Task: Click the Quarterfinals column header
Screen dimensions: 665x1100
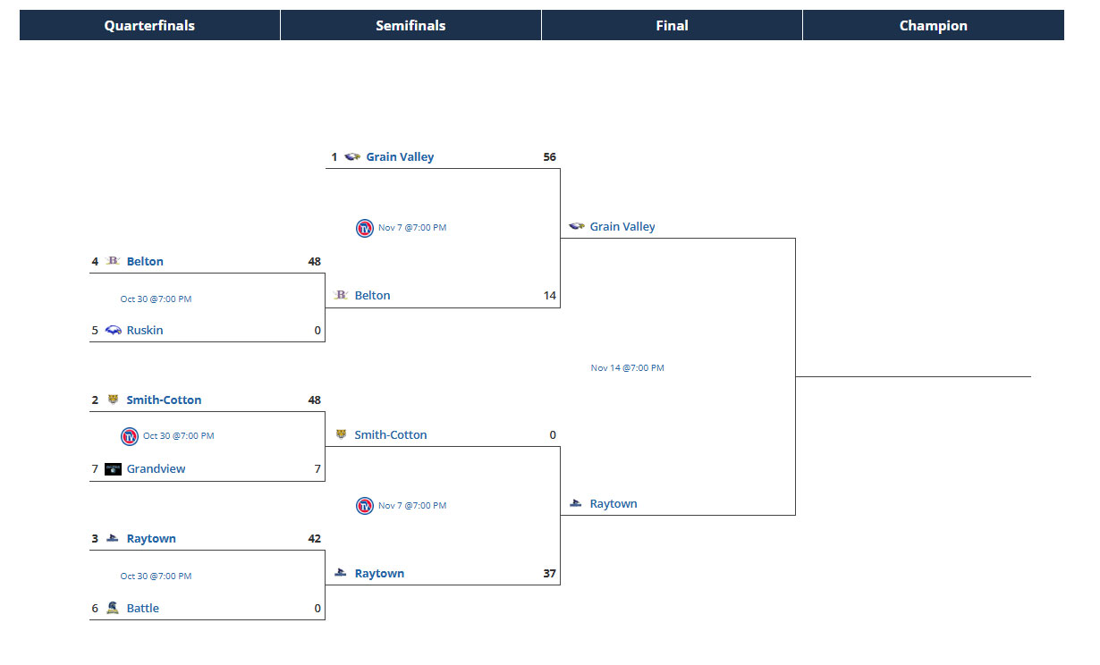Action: coord(149,26)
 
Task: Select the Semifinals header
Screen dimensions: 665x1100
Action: coord(410,26)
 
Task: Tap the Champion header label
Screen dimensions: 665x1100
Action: coord(933,26)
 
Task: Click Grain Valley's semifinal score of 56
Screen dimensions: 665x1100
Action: coord(549,157)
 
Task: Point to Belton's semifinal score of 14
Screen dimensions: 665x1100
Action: coord(550,296)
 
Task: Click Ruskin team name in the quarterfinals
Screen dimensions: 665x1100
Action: coord(145,331)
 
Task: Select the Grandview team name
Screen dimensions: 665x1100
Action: coord(156,469)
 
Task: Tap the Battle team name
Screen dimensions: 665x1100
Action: coord(143,609)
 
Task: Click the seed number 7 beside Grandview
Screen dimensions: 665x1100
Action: coord(95,469)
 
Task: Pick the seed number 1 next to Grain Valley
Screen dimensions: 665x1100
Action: coord(334,157)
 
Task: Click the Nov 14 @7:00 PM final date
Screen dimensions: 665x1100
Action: coord(627,368)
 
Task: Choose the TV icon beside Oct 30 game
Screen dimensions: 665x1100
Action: coord(130,436)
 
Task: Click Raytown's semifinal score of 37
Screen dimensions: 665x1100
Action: coord(549,574)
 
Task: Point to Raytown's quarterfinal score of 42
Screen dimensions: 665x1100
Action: coord(314,539)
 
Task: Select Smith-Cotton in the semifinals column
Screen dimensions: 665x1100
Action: coord(391,435)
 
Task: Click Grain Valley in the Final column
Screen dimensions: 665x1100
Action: coord(622,227)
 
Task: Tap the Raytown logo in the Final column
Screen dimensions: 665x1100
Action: coord(576,504)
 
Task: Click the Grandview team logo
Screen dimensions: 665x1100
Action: coord(113,469)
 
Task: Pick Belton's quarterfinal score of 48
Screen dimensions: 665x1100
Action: coord(314,262)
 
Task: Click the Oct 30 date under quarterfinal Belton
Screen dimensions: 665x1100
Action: coord(156,299)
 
